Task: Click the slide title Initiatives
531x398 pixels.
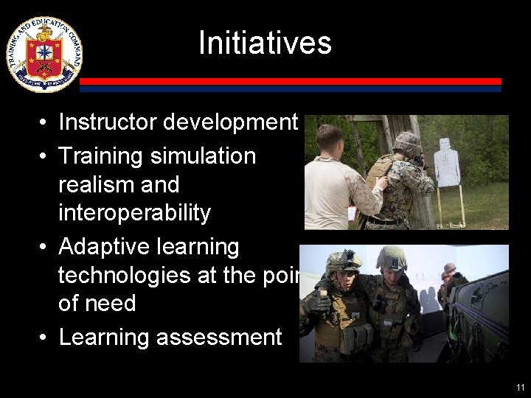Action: pos(265,42)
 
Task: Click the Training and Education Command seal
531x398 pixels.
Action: pos(44,54)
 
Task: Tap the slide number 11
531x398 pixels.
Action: pos(521,387)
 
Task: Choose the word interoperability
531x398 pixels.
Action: pos(134,213)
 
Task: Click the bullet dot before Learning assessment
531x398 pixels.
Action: pos(45,338)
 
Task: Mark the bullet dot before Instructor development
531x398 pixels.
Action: pos(45,122)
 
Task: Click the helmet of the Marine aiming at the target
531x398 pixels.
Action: pos(407,142)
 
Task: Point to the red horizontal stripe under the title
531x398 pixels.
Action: pos(291,81)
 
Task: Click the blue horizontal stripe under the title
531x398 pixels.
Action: pos(291,88)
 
